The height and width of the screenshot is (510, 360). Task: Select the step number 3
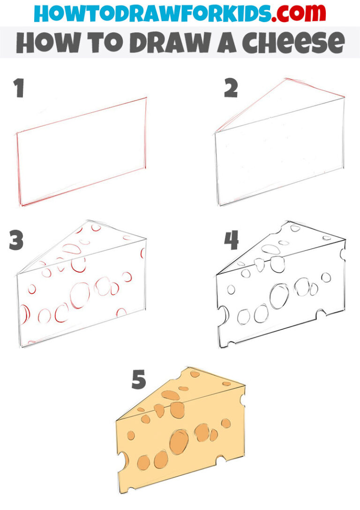17,240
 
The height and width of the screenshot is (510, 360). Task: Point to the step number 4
231,240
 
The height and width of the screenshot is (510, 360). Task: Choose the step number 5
138,380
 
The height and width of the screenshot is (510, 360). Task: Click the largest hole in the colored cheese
179,442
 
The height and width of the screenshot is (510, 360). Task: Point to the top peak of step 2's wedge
285,79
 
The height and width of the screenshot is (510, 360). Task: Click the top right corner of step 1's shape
146,98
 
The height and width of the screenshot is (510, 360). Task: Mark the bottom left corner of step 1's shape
21,206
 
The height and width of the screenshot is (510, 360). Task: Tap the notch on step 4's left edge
221,312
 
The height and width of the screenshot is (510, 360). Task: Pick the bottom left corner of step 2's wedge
219,205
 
